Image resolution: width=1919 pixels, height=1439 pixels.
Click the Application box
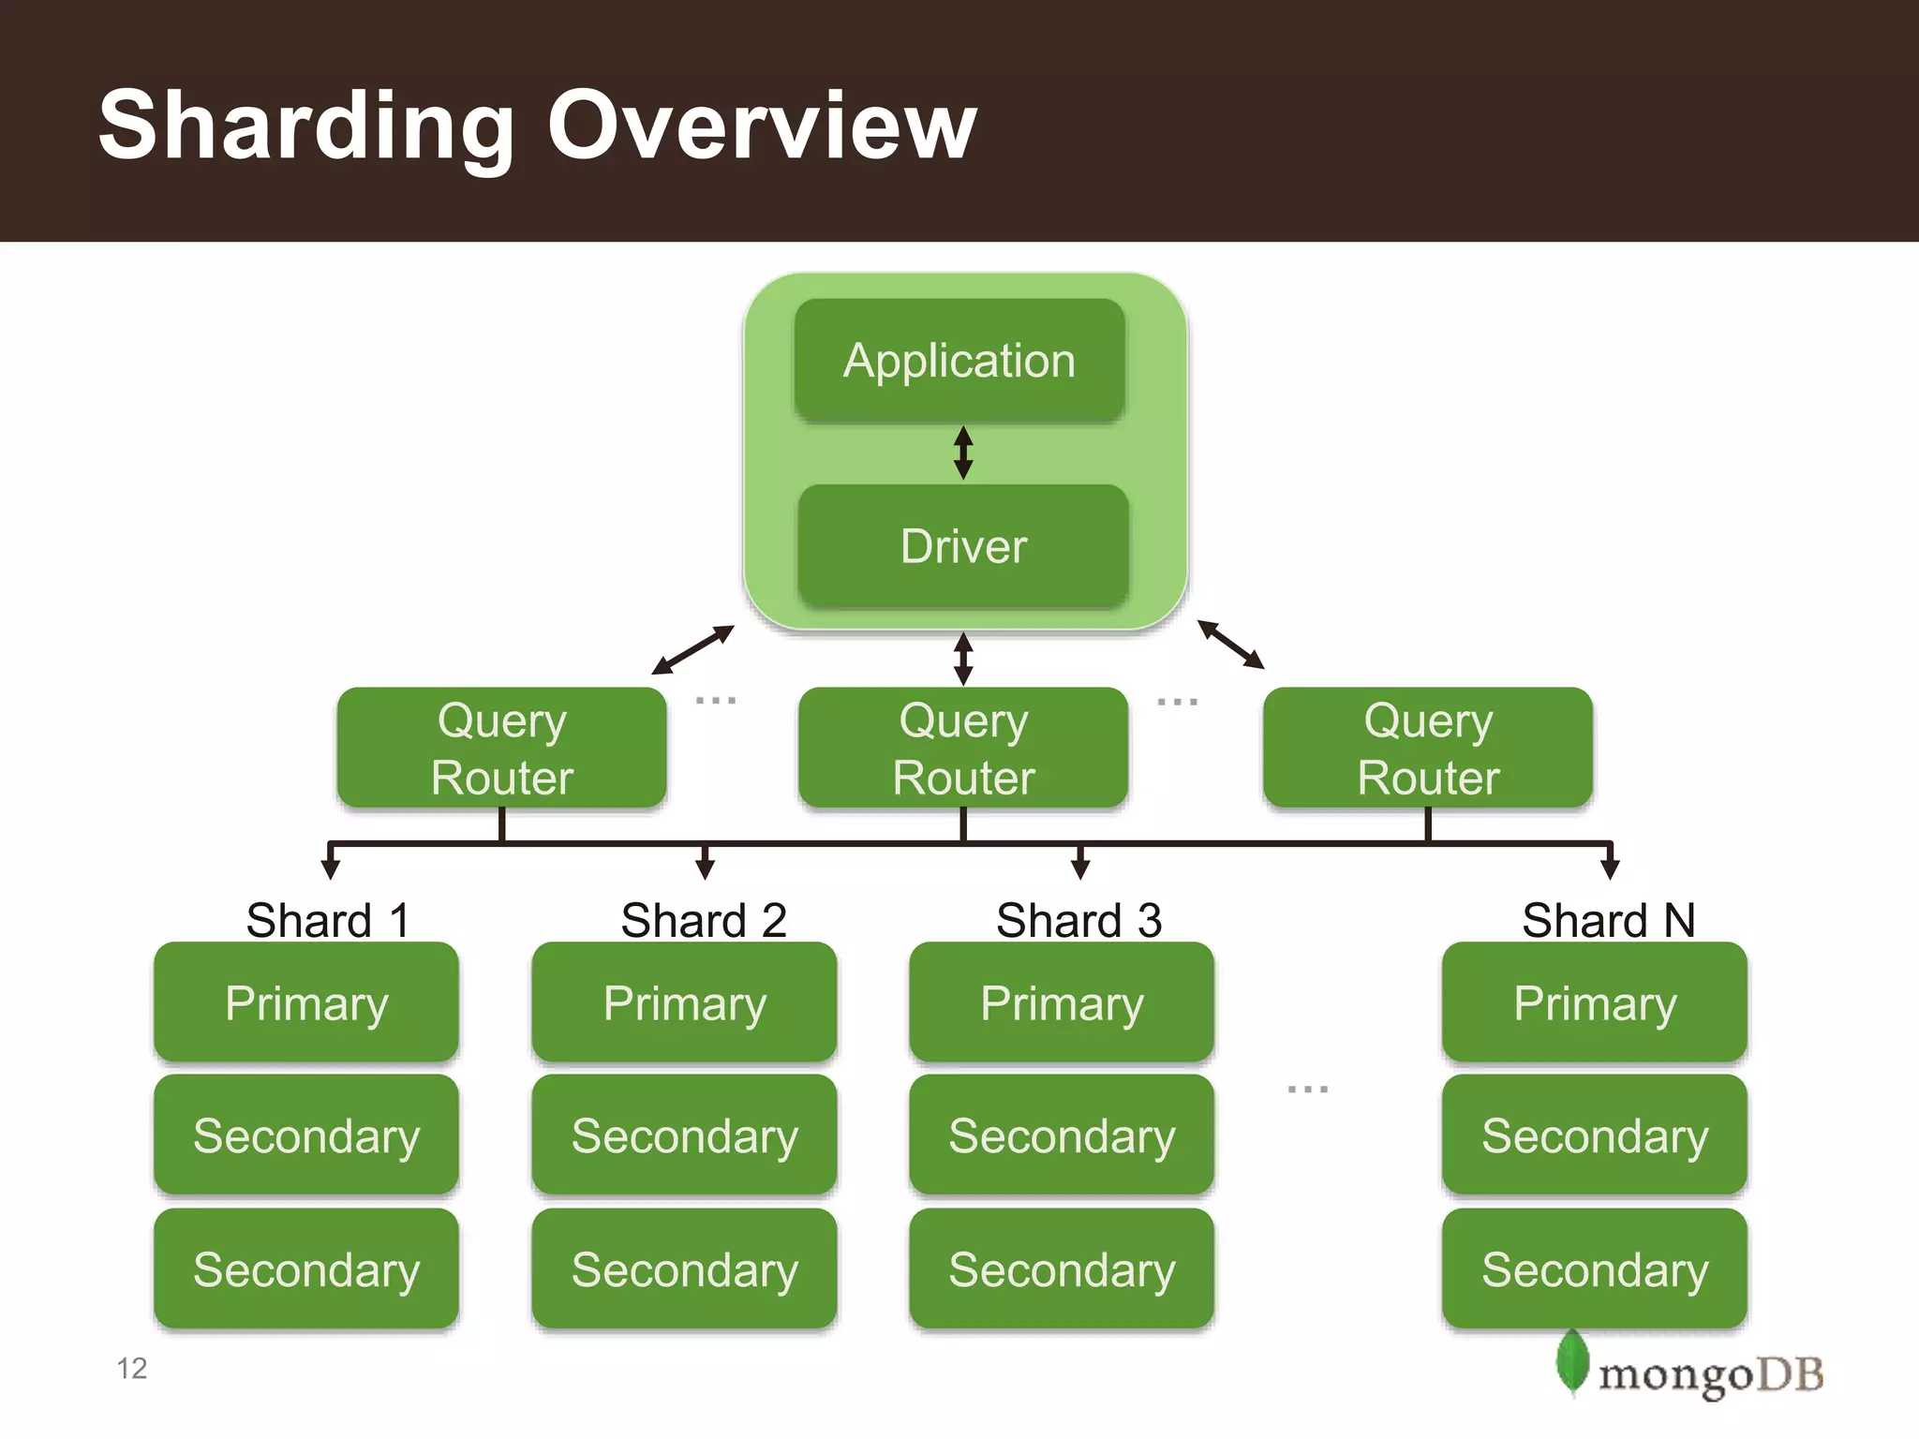click(x=959, y=361)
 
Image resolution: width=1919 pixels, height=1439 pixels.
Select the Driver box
click(x=963, y=546)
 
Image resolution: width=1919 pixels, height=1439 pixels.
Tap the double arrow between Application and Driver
click(x=962, y=452)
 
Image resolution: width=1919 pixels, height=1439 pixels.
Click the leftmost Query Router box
click(x=502, y=748)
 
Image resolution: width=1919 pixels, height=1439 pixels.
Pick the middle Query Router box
click(x=963, y=748)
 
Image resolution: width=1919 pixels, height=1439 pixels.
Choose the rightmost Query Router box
click(x=1428, y=748)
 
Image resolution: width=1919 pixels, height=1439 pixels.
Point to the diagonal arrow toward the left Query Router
click(x=692, y=650)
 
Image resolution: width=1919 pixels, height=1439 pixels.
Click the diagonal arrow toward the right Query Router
click(x=1230, y=645)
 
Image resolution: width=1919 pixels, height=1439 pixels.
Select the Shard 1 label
click(x=328, y=920)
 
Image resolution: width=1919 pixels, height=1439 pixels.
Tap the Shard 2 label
click(x=704, y=920)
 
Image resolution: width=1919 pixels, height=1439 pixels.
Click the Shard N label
click(x=1608, y=920)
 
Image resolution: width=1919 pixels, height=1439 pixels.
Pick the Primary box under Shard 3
click(x=1062, y=1002)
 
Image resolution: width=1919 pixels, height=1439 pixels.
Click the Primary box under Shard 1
click(x=306, y=1002)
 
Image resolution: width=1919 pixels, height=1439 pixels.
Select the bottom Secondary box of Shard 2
click(x=684, y=1269)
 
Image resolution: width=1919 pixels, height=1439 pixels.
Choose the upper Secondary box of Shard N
click(x=1595, y=1135)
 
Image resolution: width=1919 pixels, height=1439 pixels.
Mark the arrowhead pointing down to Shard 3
click(x=1080, y=868)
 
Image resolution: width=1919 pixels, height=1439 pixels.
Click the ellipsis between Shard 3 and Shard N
click(x=1307, y=1089)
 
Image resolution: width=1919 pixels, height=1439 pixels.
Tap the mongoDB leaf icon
click(x=1571, y=1363)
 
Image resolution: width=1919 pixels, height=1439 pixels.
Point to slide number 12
click(x=132, y=1369)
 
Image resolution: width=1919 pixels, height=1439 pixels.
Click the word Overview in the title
click(x=762, y=126)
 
